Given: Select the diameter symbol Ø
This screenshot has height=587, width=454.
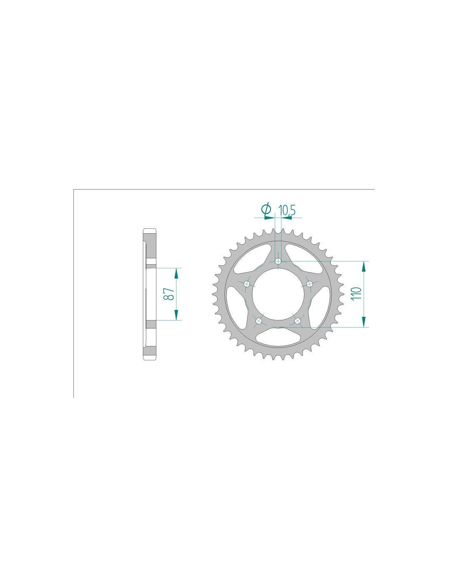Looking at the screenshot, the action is (x=266, y=208).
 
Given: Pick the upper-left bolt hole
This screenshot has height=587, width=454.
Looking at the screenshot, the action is (x=247, y=284).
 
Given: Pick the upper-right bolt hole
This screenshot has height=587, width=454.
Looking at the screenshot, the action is (x=310, y=284).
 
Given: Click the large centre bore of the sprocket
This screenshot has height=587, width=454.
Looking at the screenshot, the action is (x=278, y=294).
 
